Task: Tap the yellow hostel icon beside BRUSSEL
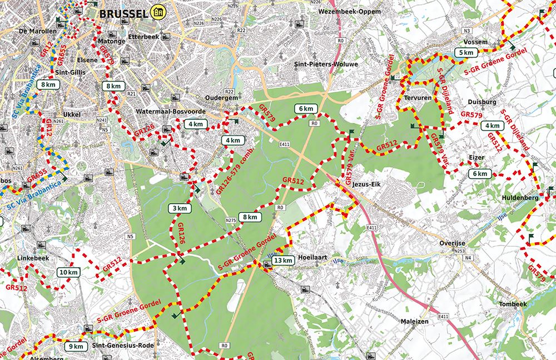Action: click(x=160, y=12)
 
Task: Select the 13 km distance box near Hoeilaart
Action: click(x=284, y=261)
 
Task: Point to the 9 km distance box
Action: click(x=76, y=347)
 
